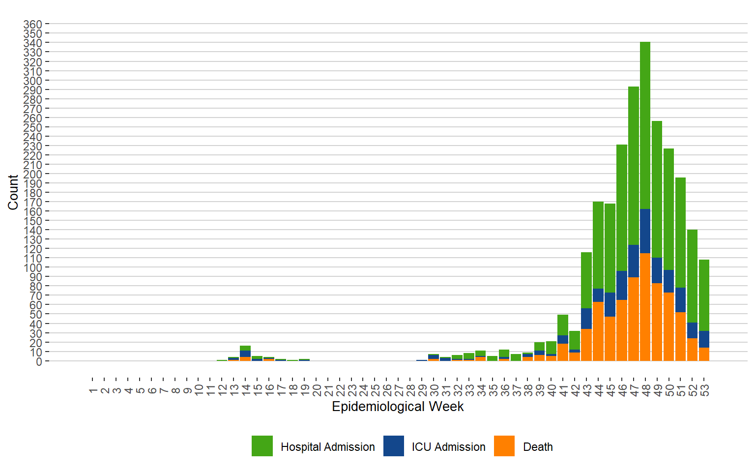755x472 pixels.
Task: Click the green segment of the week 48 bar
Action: click(645, 125)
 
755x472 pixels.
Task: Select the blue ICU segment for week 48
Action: click(645, 231)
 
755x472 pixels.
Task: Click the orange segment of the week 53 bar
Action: click(704, 354)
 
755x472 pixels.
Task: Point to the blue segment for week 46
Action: click(621, 285)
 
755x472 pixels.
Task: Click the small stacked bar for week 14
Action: click(245, 354)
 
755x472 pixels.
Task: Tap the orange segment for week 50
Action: click(668, 327)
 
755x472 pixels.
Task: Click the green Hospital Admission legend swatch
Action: click(262, 446)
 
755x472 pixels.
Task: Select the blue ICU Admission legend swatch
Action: click(394, 446)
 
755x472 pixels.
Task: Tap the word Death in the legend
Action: click(538, 447)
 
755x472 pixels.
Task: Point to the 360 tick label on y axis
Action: click(32, 24)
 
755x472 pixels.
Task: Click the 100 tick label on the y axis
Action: click(32, 267)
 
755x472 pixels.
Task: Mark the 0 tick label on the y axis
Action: click(39, 361)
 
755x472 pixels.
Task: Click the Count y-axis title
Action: click(13, 192)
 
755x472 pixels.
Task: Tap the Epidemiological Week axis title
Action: click(398, 407)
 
